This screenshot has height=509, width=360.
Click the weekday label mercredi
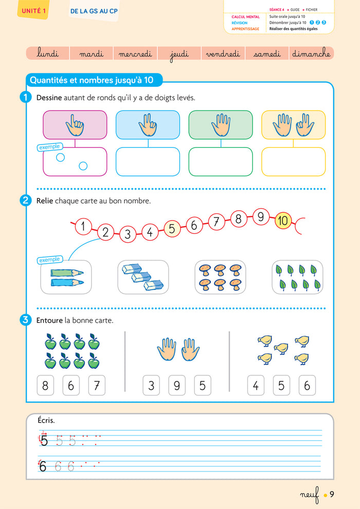(x=136, y=53)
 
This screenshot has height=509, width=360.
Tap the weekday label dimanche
(x=311, y=53)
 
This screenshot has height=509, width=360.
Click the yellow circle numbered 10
(x=283, y=221)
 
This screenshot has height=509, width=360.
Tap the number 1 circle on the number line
(x=83, y=225)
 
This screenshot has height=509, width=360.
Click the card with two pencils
(x=65, y=277)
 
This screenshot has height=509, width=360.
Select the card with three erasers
(x=142, y=277)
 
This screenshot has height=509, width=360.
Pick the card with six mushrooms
(x=220, y=277)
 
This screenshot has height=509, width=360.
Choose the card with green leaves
(x=297, y=277)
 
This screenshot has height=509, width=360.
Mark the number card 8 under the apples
(x=45, y=386)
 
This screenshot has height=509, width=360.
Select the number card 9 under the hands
(x=177, y=386)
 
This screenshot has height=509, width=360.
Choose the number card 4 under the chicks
(x=256, y=386)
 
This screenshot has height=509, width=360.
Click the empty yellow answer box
(x=294, y=162)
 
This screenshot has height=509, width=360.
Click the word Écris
(x=46, y=421)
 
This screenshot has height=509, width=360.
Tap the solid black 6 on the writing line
(x=43, y=466)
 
